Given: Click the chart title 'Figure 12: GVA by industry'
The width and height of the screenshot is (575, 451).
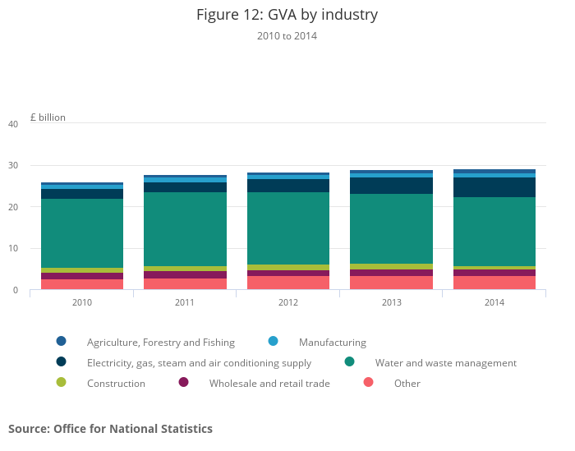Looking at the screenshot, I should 287,15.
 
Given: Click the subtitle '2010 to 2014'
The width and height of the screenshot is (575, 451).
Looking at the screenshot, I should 287,36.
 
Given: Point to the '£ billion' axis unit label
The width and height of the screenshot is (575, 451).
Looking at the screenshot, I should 48,117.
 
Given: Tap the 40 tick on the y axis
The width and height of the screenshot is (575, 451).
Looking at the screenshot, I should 12,124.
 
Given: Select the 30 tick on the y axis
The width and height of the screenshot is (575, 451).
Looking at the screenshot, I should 12,166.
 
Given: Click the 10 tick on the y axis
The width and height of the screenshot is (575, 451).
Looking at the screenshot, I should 12,249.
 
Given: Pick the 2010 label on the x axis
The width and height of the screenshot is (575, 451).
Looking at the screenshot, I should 82,302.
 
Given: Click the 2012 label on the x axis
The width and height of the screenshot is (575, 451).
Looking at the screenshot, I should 288,302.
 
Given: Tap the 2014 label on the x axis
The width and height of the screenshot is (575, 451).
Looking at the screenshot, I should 494,302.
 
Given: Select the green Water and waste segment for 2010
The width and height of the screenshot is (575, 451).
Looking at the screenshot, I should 82,233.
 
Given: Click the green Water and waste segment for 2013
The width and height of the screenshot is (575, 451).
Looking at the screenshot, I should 391,228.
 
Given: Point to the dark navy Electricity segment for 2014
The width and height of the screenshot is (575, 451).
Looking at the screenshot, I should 494,187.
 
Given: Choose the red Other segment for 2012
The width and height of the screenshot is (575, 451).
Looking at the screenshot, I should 288,283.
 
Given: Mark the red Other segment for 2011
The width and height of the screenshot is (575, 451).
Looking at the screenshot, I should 185,283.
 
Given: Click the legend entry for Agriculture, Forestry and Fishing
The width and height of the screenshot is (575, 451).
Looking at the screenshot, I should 160,343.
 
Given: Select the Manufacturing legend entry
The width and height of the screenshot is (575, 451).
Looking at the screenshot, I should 332,343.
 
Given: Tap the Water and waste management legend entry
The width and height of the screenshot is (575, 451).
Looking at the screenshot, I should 445,363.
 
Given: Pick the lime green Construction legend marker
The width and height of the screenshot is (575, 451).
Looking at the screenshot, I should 61,383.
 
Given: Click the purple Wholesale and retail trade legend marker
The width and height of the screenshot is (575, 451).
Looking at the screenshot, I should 183,383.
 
